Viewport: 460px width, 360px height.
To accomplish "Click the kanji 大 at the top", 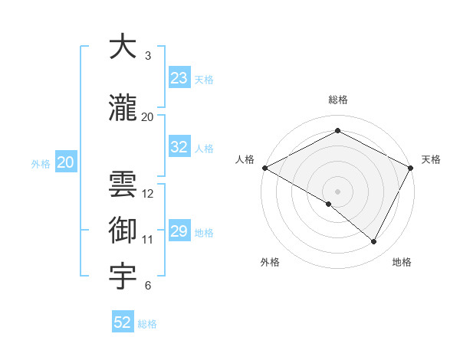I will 123,47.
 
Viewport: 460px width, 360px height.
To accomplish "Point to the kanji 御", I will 123,229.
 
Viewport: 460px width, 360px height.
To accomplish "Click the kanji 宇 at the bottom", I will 123,275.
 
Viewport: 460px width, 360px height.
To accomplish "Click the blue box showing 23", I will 179,78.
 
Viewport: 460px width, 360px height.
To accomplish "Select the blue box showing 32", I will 179,148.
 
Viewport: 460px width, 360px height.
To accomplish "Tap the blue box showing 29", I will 179,231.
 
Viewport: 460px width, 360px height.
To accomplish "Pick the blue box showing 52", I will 123,322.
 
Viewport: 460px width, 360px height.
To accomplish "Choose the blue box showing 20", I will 66,162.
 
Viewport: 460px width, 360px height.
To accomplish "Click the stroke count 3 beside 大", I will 148,56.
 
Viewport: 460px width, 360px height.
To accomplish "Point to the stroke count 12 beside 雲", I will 149,194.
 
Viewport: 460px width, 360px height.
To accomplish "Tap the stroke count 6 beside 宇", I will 148,286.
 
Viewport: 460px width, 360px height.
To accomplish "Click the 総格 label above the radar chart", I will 338,100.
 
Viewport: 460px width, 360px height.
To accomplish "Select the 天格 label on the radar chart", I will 432,159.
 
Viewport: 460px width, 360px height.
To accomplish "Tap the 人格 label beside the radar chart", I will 245,159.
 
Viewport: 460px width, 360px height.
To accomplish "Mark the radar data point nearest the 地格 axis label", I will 374,242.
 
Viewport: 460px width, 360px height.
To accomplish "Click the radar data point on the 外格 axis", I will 329,204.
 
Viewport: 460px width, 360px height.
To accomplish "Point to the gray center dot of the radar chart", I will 338,191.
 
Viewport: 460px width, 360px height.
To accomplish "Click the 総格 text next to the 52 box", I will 147,324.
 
